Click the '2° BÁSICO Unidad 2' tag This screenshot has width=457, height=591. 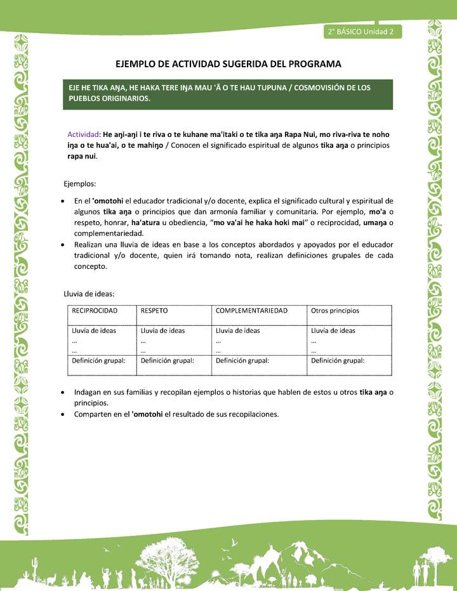tap(361, 31)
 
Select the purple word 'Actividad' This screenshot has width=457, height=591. tap(84, 134)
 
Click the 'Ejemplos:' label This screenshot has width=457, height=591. tap(80, 184)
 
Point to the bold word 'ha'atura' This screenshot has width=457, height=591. tap(149, 223)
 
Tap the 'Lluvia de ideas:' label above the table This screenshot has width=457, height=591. tap(89, 294)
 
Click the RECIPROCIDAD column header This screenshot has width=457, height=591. tap(95, 311)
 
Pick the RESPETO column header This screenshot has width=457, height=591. tap(154, 311)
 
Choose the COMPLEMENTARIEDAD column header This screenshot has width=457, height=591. tap(251, 311)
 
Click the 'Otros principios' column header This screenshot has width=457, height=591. tap(334, 311)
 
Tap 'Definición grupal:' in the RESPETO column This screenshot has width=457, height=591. tap(167, 360)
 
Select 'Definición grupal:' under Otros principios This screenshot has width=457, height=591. tap(337, 360)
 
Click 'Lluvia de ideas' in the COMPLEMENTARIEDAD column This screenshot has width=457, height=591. tap(237, 330)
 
